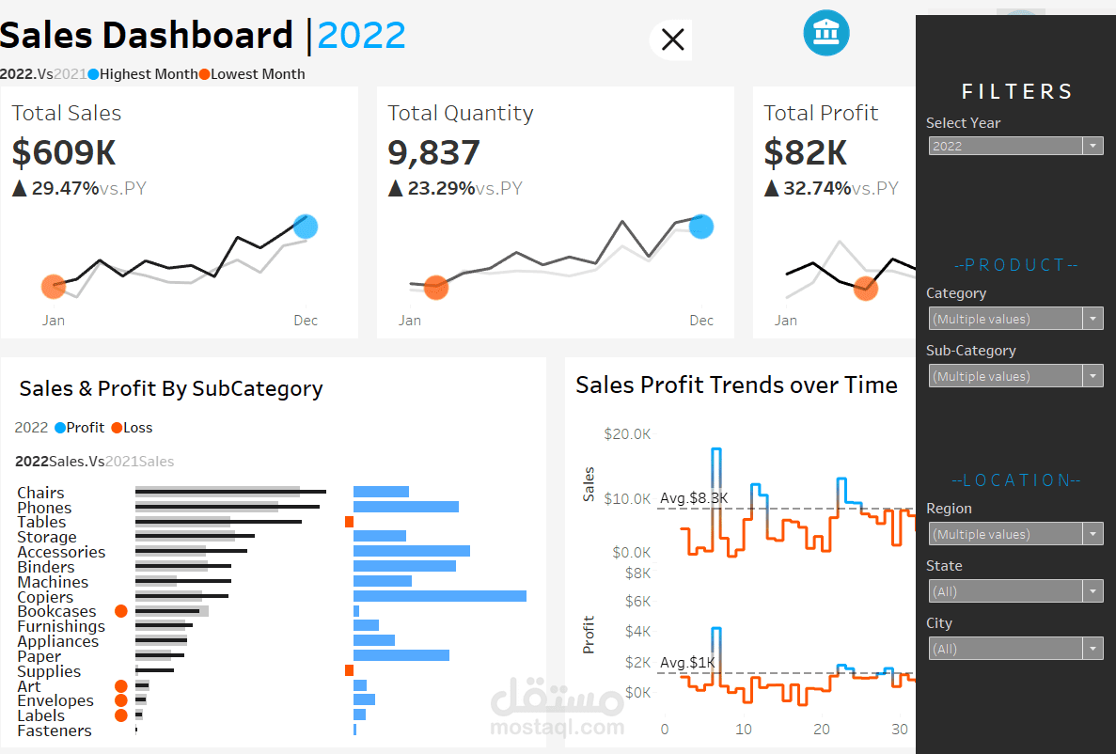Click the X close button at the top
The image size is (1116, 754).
(672, 39)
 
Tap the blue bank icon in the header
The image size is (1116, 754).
(825, 33)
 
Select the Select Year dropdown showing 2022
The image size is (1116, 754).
(1014, 146)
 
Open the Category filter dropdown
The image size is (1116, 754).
(1014, 319)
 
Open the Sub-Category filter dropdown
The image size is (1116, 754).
(1014, 376)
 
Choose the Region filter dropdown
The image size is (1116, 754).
(1014, 534)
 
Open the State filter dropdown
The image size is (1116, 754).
(1014, 591)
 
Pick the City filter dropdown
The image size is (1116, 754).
(1014, 649)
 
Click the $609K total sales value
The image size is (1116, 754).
(64, 152)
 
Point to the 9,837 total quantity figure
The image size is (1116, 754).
(433, 152)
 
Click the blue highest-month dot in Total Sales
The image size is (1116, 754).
(306, 227)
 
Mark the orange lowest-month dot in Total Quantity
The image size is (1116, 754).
(435, 287)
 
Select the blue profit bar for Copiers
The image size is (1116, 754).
(439, 596)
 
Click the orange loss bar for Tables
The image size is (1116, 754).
(349, 522)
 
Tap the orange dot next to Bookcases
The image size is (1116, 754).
(120, 611)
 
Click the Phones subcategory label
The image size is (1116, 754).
(44, 508)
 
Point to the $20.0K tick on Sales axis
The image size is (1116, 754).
(627, 434)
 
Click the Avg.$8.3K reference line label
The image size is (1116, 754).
(694, 498)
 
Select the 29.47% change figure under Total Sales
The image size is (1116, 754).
(65, 188)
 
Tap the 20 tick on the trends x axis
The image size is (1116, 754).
(822, 730)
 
